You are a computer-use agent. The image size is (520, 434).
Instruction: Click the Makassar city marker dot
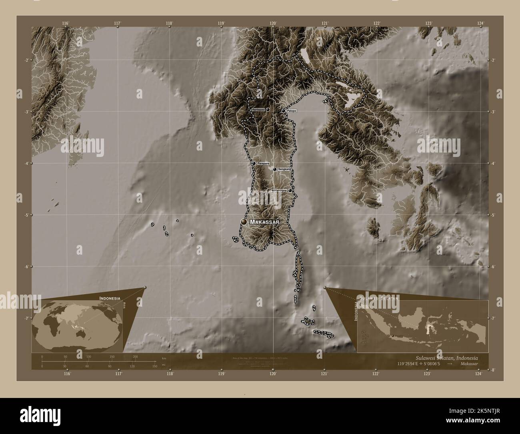[244, 222]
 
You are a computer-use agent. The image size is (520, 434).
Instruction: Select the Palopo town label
[291, 111]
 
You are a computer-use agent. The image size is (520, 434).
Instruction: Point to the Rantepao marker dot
[268, 109]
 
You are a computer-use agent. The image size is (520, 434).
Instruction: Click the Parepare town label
[263, 164]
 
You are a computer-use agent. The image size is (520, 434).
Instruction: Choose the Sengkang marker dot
[275, 169]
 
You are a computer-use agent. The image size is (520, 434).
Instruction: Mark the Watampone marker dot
[290, 191]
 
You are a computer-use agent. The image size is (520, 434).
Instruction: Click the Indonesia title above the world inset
[110, 299]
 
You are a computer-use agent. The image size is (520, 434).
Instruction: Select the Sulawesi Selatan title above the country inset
[378, 299]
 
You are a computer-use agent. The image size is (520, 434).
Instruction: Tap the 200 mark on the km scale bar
[135, 356]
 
